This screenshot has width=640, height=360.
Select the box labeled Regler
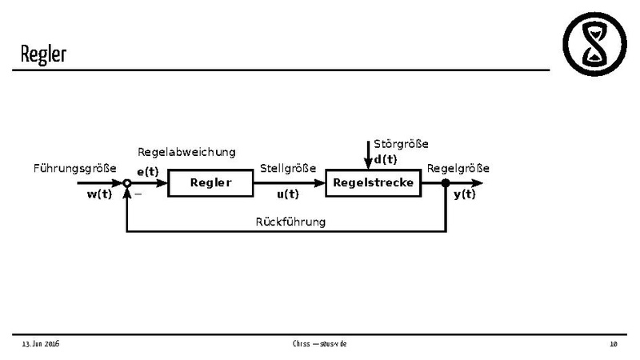point(210,182)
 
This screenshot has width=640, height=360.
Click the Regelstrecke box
point(374,182)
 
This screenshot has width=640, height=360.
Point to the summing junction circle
point(126,183)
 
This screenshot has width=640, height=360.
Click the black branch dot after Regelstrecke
point(446,183)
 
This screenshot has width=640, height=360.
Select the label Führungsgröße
point(74,168)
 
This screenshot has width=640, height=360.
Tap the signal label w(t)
point(98,194)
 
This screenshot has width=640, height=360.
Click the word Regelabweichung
point(187,152)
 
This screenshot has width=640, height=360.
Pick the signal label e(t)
point(147,171)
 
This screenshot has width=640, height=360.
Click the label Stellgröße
point(288,168)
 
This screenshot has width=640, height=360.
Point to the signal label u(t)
point(287,194)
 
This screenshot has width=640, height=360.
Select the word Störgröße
point(401,144)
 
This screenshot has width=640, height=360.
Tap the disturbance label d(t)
point(386,158)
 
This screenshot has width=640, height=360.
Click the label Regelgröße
point(458,168)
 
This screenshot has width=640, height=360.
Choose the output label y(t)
point(464,194)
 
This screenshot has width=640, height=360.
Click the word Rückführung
point(290,221)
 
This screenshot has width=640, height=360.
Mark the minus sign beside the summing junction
point(138,194)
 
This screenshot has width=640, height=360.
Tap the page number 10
point(614,344)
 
